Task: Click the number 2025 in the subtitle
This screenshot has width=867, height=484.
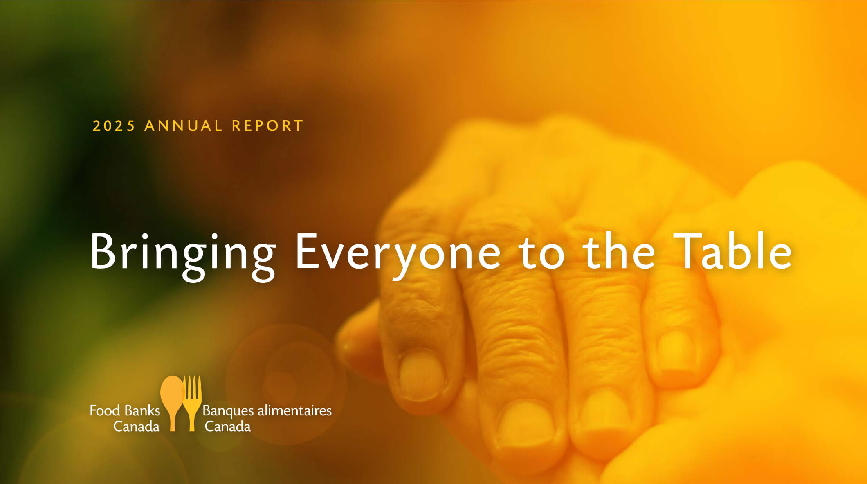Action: (114, 126)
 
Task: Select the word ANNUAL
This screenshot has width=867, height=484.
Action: (184, 126)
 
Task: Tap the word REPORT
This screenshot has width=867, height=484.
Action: (267, 126)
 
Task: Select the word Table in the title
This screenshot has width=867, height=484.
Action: (732, 250)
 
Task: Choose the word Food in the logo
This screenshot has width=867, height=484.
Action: (105, 410)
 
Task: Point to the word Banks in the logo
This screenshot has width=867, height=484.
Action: (142, 410)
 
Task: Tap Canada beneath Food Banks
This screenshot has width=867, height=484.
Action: (136, 427)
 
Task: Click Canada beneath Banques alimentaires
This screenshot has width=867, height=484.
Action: (227, 427)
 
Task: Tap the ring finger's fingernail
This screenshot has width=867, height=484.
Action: (605, 413)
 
